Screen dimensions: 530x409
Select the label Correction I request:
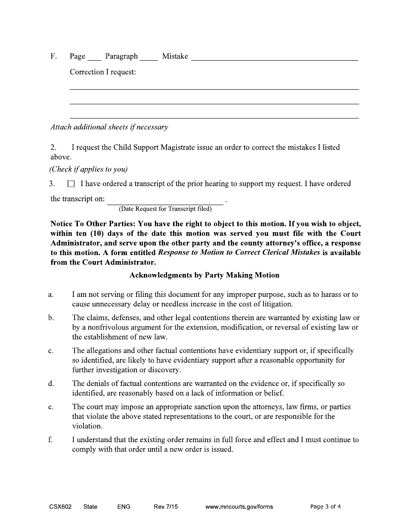point(103,72)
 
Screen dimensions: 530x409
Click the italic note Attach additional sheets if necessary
point(109,127)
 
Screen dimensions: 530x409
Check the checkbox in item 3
point(71,184)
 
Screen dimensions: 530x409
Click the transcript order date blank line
point(165,200)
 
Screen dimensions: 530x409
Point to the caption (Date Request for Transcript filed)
point(165,209)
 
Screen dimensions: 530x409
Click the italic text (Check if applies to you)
point(89,169)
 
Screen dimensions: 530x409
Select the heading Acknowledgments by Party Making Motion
point(204,275)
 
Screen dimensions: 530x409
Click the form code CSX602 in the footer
point(60,507)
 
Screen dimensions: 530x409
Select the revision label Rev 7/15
point(165,507)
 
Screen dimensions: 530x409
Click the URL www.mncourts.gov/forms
point(239,507)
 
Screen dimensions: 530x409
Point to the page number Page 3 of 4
point(325,507)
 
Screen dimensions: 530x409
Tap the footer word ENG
point(124,507)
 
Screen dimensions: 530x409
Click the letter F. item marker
point(54,56)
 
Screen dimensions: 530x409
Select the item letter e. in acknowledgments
point(51,407)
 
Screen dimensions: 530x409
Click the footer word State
point(90,507)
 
